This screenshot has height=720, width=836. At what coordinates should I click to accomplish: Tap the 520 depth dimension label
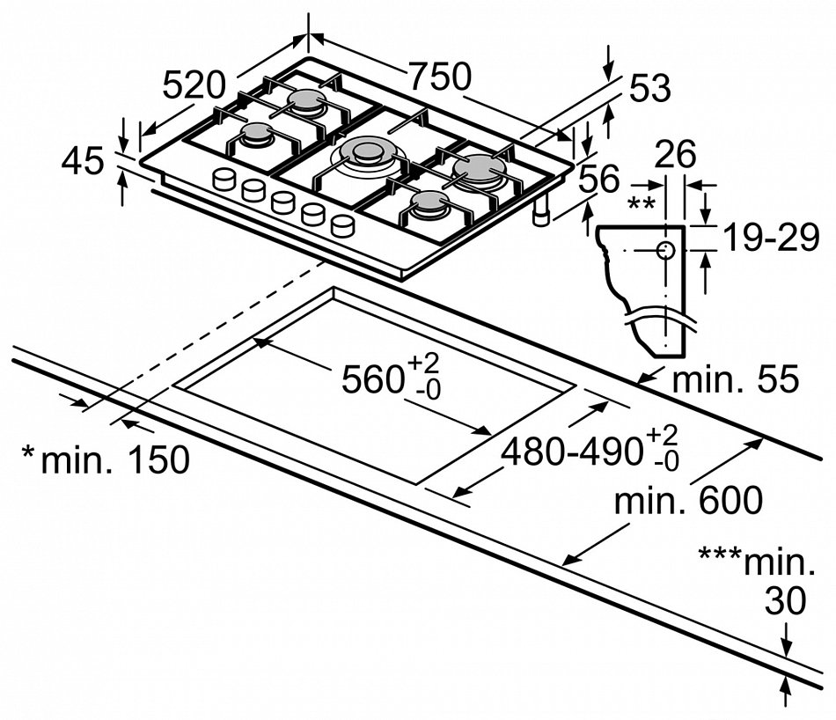tap(194, 85)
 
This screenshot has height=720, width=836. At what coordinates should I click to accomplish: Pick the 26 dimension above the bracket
tap(676, 154)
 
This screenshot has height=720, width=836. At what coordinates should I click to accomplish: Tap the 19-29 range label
tap(770, 238)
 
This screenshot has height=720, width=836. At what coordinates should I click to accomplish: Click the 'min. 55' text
tap(734, 380)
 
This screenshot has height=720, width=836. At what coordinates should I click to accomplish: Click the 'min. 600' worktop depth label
tap(687, 502)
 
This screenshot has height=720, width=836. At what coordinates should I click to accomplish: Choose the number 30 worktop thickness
tap(784, 602)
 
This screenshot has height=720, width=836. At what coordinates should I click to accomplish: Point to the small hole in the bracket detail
tap(666, 249)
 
